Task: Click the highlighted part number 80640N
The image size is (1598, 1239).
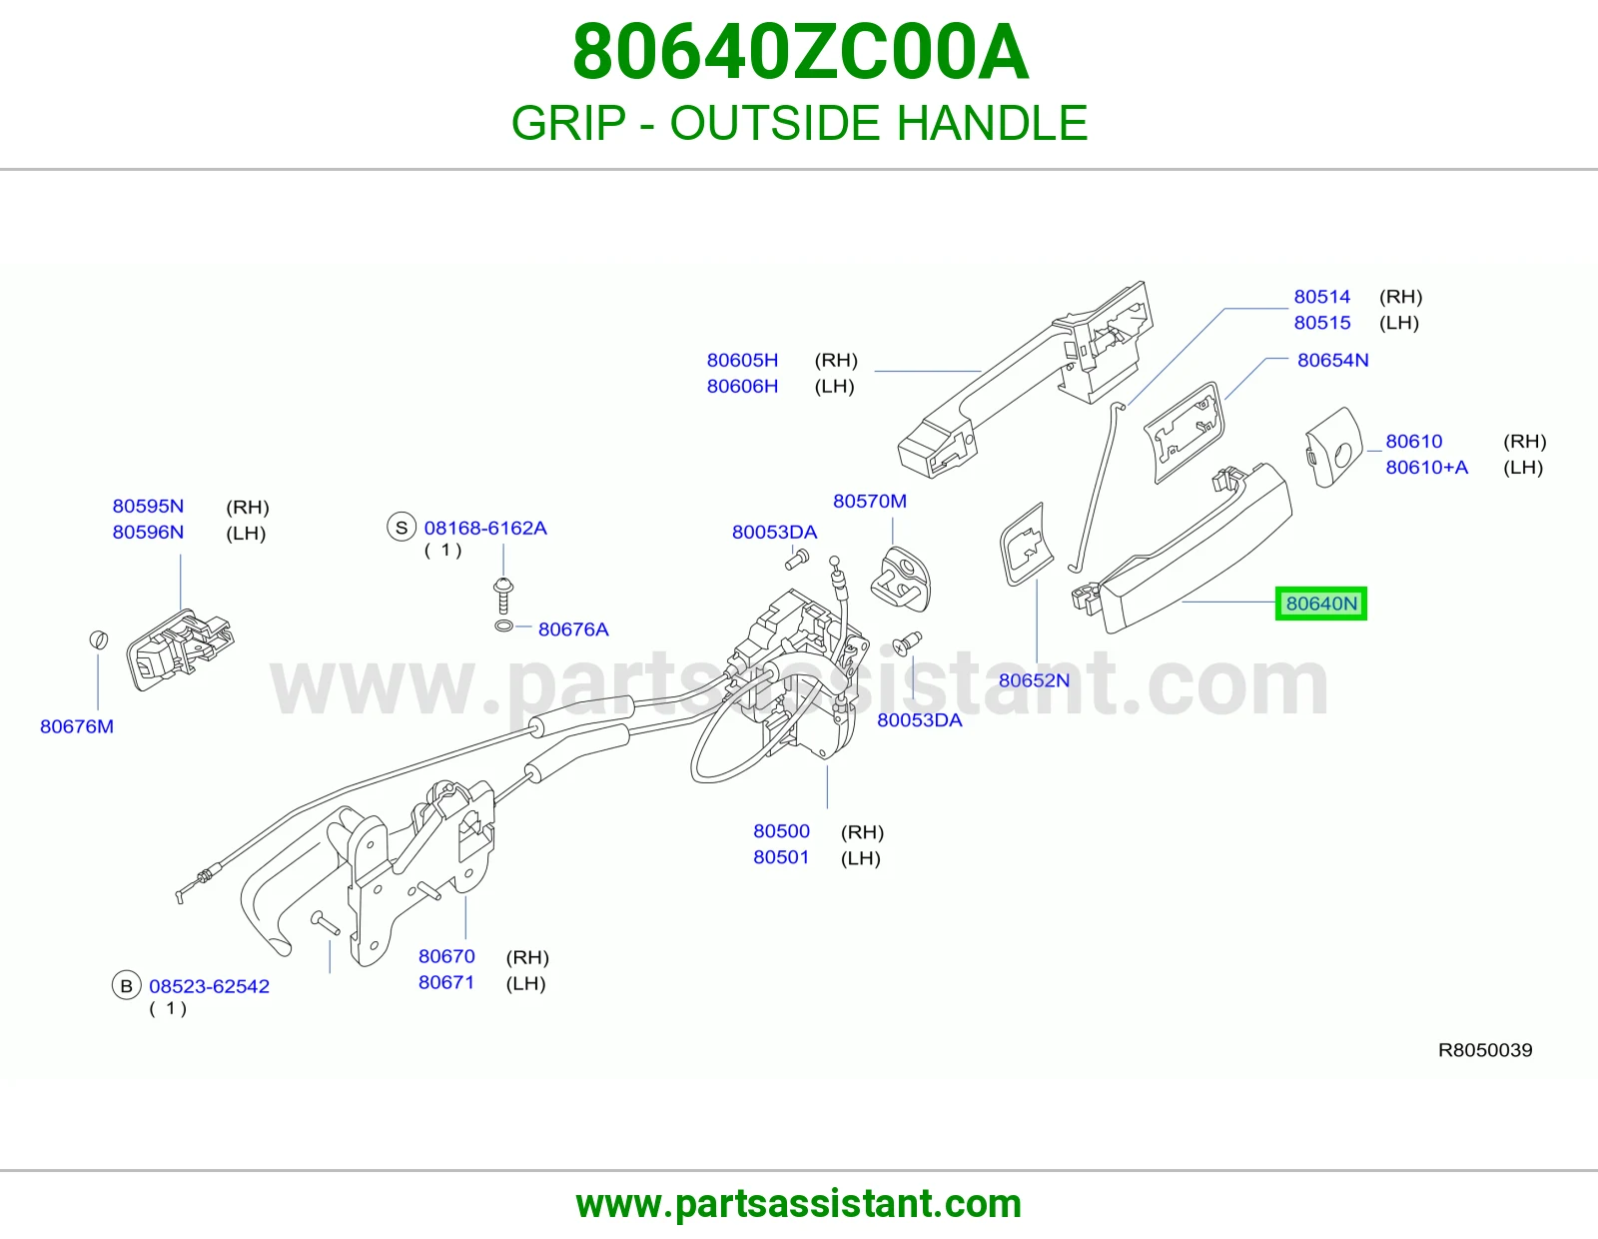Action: point(1320,604)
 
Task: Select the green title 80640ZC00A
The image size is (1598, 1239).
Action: point(800,52)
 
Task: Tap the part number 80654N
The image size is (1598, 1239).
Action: point(1332,360)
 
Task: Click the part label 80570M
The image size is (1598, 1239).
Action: point(869,501)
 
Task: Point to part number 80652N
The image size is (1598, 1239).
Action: point(1034,680)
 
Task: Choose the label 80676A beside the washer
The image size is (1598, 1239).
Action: point(573,629)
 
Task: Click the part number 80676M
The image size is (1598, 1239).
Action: point(77,726)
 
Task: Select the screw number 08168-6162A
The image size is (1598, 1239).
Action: point(485,528)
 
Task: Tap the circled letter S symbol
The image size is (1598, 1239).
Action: point(401,528)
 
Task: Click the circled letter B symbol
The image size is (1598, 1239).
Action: point(127,985)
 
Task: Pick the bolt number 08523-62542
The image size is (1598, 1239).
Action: point(209,986)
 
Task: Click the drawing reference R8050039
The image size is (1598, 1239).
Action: point(1485,1050)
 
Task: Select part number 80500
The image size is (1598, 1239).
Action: point(781,830)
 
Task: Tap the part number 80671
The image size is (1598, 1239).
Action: point(446,982)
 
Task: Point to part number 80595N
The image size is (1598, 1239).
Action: point(148,507)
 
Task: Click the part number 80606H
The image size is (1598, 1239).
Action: point(742,386)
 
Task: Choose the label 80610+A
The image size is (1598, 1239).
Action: point(1426,468)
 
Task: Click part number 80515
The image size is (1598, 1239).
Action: point(1322,323)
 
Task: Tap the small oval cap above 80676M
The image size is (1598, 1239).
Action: point(99,640)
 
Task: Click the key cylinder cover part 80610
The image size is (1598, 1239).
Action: point(1333,448)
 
